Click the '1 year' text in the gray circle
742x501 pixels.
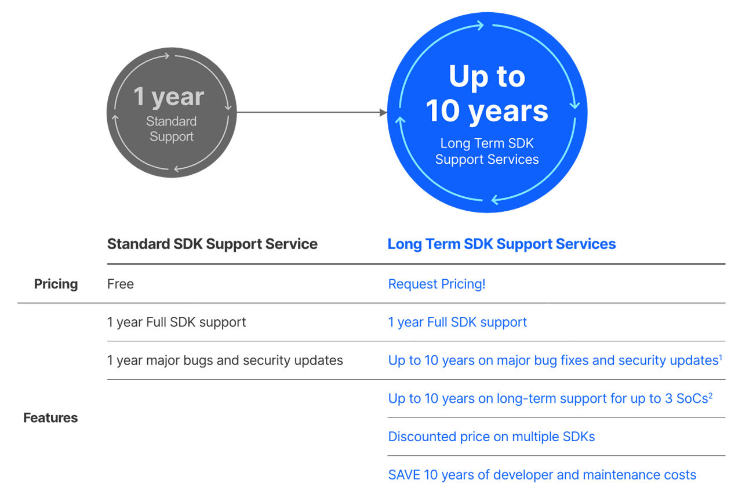(x=169, y=97)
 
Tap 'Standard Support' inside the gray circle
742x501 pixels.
(x=171, y=129)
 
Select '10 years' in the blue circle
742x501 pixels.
(x=487, y=112)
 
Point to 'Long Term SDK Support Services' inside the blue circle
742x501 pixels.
(x=487, y=152)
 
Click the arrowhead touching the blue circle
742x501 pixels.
(x=383, y=113)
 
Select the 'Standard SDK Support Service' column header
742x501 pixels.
(x=212, y=244)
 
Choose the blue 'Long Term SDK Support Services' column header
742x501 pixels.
(x=501, y=244)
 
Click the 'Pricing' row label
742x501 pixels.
(x=56, y=284)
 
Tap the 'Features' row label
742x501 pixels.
(x=50, y=418)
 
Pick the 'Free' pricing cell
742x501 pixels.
(x=120, y=284)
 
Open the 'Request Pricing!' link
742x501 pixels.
(x=437, y=284)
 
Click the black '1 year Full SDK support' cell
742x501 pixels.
(x=176, y=322)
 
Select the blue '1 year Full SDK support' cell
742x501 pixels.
(x=457, y=322)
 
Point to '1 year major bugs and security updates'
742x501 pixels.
(x=225, y=361)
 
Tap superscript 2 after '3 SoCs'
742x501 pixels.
(x=710, y=395)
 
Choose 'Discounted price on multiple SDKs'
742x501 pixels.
(x=491, y=437)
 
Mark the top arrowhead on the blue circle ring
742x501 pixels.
(x=480, y=25)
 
